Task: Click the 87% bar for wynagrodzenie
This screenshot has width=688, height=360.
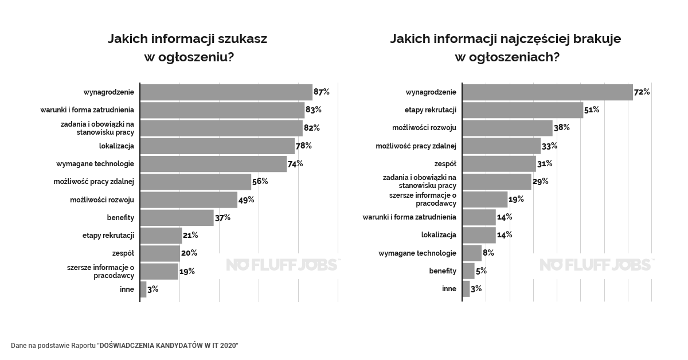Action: tap(226, 92)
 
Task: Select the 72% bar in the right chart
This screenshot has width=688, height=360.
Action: tap(548, 92)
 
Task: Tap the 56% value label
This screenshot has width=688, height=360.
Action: tap(260, 181)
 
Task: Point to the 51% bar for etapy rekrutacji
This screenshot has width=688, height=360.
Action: tap(522, 109)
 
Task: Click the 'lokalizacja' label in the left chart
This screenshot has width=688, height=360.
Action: tap(116, 146)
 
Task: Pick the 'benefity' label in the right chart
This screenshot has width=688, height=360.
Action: tap(443, 271)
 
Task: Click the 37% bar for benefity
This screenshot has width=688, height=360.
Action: tap(177, 217)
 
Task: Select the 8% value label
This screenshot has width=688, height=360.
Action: tap(488, 253)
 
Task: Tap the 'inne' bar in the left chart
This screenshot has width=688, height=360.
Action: tap(143, 289)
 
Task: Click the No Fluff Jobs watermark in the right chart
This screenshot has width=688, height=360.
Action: tap(596, 264)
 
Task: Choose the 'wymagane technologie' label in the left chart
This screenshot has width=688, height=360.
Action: tap(95, 163)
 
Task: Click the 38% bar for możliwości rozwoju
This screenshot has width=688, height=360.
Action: tap(507, 127)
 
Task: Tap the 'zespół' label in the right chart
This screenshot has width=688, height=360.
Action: tap(445, 163)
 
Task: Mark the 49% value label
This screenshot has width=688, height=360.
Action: tap(247, 199)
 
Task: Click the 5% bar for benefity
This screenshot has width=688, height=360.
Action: tap(468, 271)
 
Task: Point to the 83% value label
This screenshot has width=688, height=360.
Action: tap(314, 109)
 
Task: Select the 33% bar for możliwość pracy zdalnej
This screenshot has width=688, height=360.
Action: tap(501, 146)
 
